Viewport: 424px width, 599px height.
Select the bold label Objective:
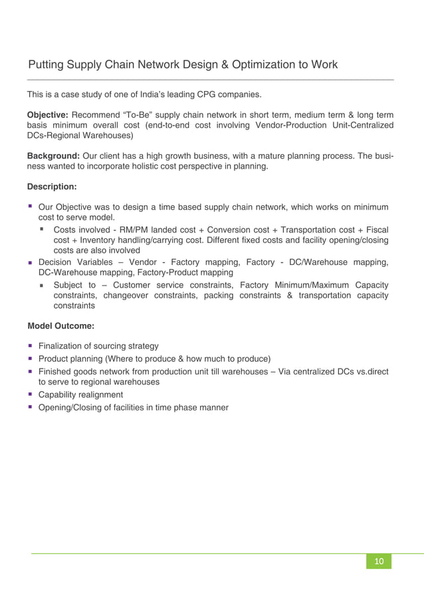coord(47,115)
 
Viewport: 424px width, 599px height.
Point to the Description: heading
coord(52,187)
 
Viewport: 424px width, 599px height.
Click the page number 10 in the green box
coord(379,562)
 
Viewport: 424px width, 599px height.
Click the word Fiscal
coord(375,229)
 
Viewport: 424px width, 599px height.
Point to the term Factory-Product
coord(165,272)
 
